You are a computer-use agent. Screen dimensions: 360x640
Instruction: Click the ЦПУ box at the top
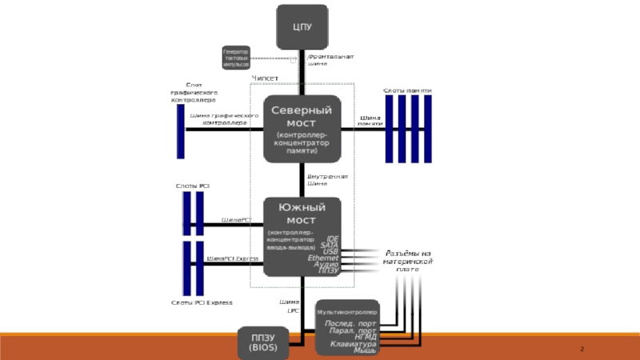tap(302, 27)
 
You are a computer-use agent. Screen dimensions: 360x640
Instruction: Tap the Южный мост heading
tap(302, 214)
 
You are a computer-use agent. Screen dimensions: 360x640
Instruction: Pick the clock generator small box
tap(236, 58)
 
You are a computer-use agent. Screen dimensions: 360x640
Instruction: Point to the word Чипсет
tap(265, 78)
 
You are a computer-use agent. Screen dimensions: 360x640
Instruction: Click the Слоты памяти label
tap(408, 90)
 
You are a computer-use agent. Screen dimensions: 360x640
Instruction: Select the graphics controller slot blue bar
tap(181, 130)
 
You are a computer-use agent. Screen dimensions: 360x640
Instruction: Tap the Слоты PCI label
tap(192, 186)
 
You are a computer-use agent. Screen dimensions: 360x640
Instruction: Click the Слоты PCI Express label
tap(202, 302)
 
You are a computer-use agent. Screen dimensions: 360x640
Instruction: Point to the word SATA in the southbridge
tap(330, 245)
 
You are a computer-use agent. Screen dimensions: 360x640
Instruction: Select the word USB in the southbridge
tap(331, 251)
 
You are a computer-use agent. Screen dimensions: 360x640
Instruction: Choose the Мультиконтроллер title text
tap(346, 311)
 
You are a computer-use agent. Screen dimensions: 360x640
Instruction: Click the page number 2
tap(582, 350)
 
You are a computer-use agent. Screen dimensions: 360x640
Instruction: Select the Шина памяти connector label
tap(370, 121)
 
